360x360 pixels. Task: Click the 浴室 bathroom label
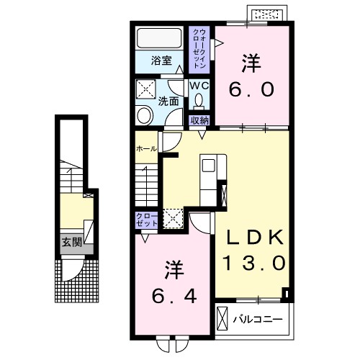coord(161,60)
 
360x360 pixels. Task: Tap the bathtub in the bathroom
coord(159,38)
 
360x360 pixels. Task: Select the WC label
coord(199,86)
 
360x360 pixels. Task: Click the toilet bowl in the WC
coord(199,101)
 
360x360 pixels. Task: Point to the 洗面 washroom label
coord(168,102)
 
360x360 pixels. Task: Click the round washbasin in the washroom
coord(145,116)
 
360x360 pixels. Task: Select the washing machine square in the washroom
coord(146,89)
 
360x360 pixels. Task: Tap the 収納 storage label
coord(199,120)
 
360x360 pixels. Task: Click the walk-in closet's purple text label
coord(199,48)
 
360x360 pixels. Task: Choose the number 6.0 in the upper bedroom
coord(251,89)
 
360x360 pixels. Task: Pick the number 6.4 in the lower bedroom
coord(174,296)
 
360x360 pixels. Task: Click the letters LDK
coord(255,237)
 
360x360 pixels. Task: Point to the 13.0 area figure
coord(255,263)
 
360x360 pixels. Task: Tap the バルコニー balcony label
coord(258,320)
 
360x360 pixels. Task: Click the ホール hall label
coord(147,149)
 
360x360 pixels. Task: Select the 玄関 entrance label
coord(72,242)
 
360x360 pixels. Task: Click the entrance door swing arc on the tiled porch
coord(78,275)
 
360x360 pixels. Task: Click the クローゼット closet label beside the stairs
coord(147,220)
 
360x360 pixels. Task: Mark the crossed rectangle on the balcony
coord(222,318)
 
